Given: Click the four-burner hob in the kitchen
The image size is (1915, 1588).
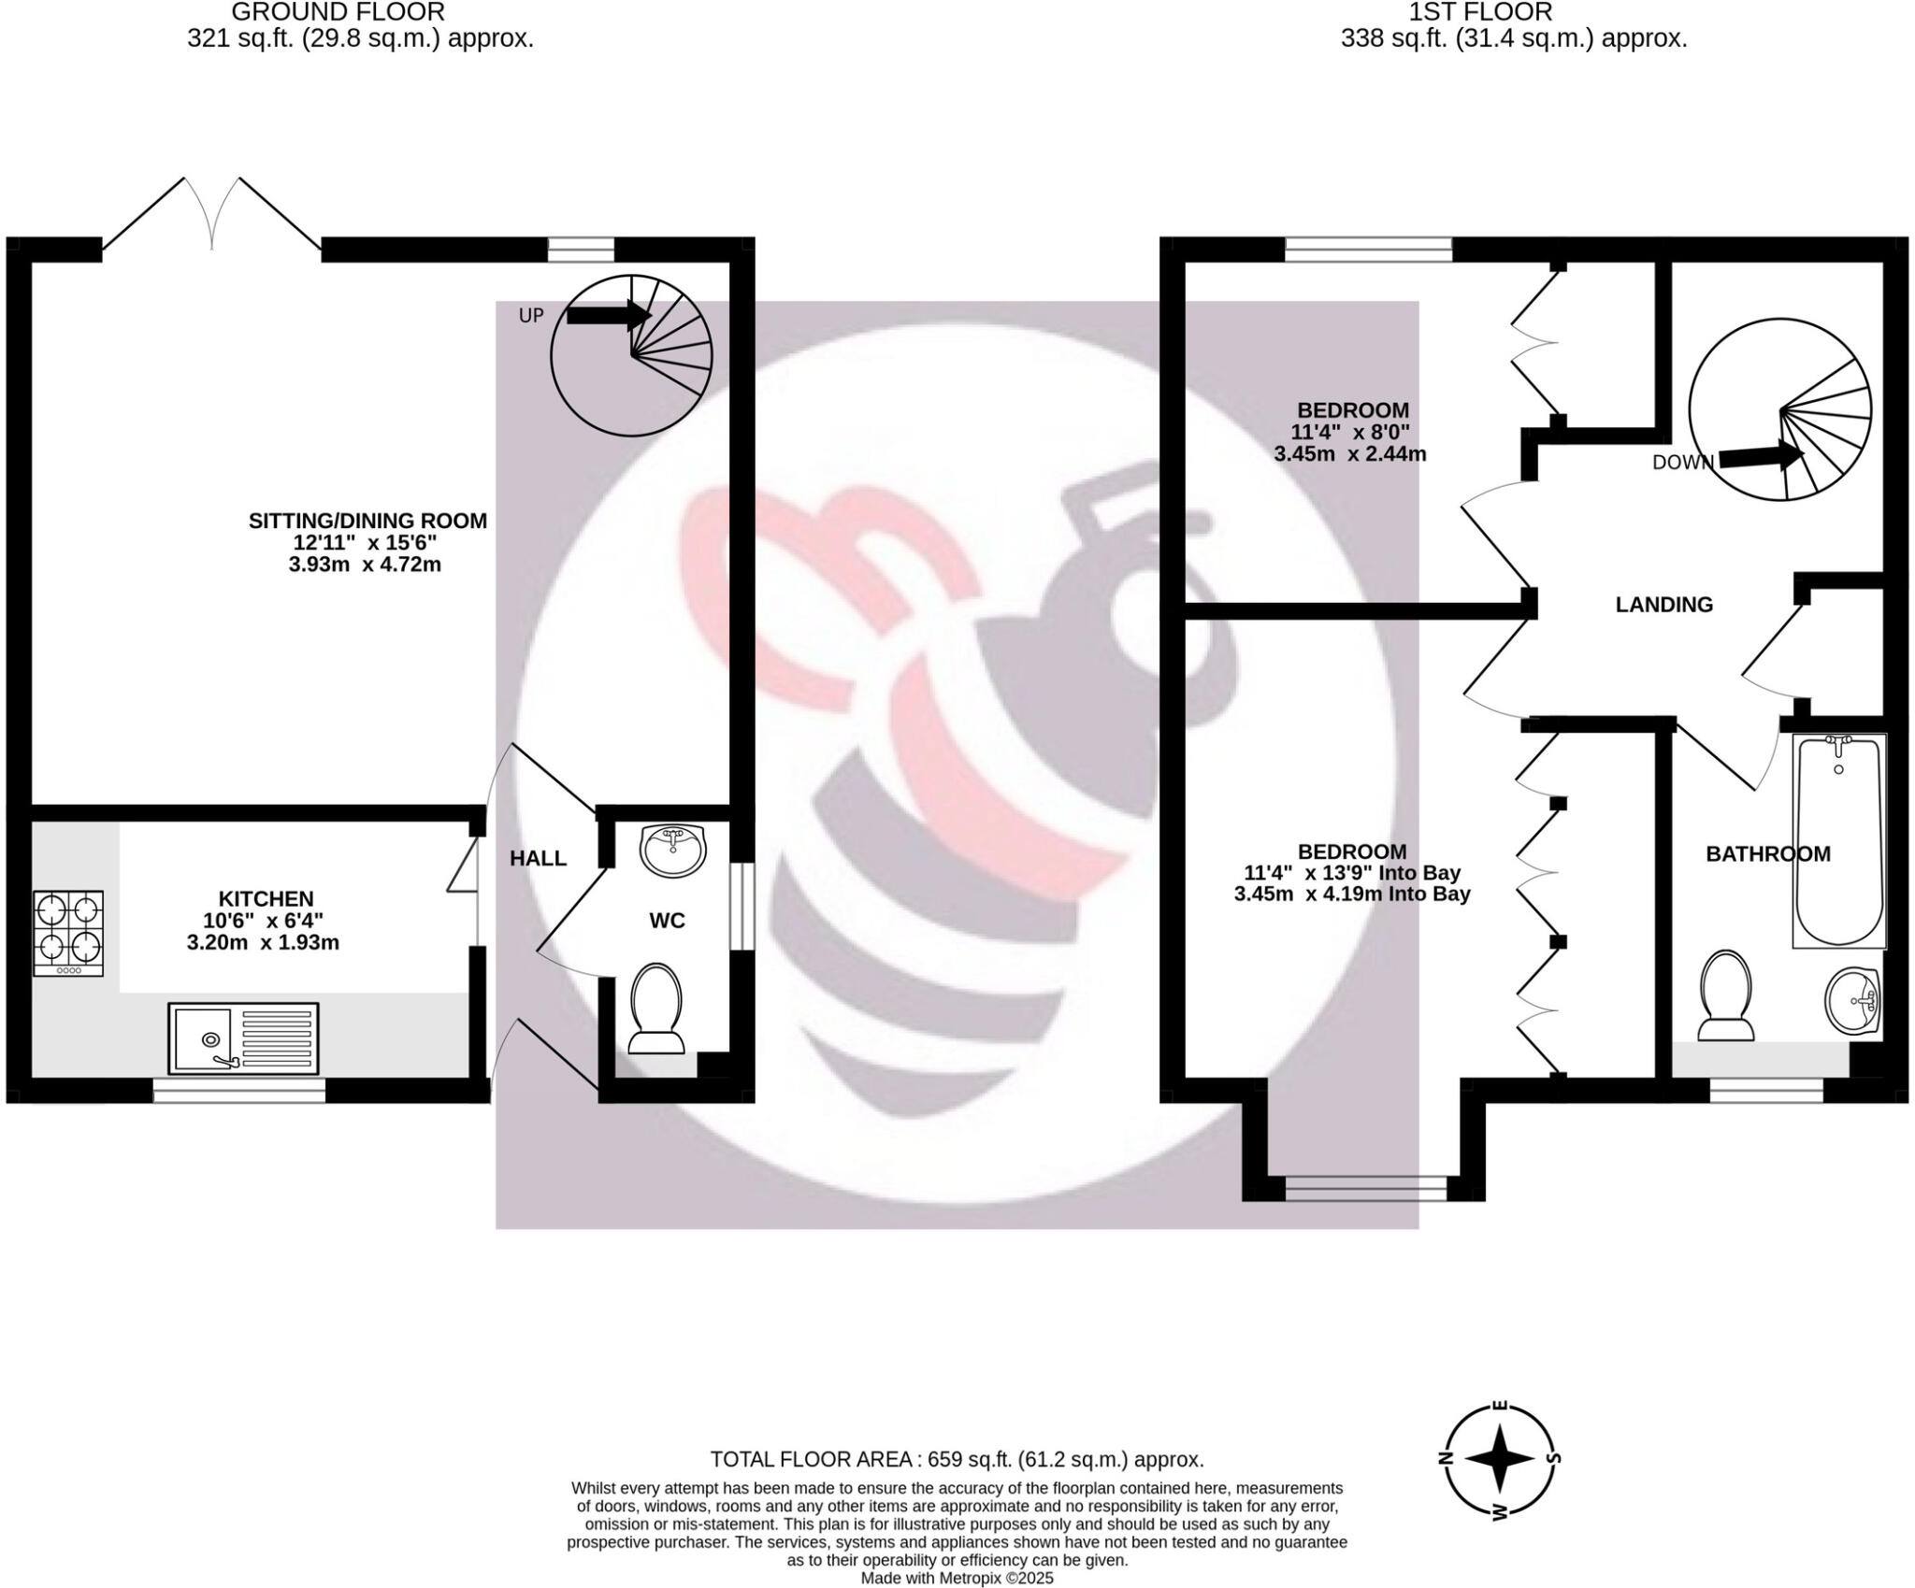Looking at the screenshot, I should tap(68, 932).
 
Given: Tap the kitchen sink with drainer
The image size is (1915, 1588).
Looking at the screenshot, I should tap(243, 1037).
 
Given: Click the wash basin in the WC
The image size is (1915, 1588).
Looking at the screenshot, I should tap(673, 851).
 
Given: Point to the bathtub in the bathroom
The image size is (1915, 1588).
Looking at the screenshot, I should tap(1838, 841).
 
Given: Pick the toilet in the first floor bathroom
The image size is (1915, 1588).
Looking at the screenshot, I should tap(1726, 997).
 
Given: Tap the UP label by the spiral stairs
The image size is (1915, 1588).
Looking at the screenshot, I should tap(531, 316).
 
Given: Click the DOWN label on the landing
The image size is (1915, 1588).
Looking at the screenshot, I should tap(1682, 462).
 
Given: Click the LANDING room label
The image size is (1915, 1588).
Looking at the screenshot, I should tap(1663, 605).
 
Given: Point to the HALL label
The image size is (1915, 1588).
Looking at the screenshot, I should tap(538, 858).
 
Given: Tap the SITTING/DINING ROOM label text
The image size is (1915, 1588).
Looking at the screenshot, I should tap(367, 521).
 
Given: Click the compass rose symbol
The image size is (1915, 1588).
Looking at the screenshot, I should tap(1499, 1459).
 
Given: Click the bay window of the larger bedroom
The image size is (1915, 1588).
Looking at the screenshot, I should tap(1365, 1188).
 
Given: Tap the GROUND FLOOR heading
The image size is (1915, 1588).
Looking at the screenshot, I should tap(338, 13).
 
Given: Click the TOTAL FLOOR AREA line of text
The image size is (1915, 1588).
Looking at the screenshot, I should tap(957, 1459).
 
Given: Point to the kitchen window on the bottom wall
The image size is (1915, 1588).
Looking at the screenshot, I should tap(238, 1090).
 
